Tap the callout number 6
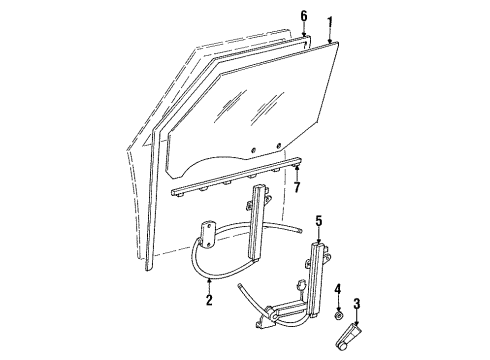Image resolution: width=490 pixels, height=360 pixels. pyautogui.click(x=303, y=17)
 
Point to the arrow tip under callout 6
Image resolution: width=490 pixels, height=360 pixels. pyautogui.click(x=303, y=37)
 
